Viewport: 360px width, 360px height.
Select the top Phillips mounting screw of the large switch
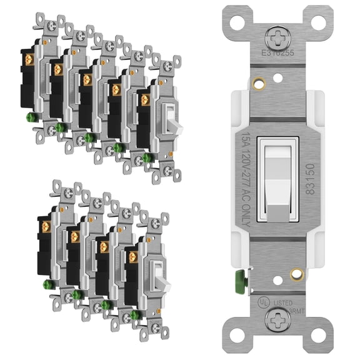tap(276, 35)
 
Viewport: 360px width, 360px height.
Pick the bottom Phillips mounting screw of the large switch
tap(277, 320)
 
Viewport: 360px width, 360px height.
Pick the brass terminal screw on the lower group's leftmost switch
tap(45, 225)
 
